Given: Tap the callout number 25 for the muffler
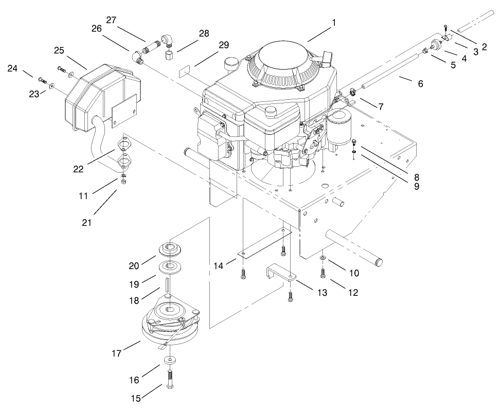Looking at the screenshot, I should tap(59, 51).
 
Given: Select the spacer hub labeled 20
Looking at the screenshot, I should tap(169, 248).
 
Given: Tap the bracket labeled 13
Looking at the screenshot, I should tap(278, 273).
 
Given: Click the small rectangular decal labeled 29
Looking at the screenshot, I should tap(185, 70).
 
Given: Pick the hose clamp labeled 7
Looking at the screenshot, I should tap(353, 93).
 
